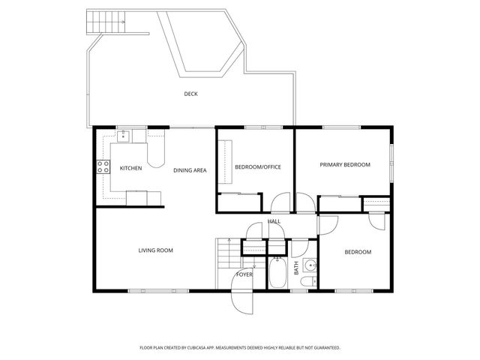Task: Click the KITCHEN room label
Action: [x=130, y=168]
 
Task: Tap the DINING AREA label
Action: [x=190, y=170]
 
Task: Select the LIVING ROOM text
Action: [x=155, y=250]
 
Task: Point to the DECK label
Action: [x=191, y=94]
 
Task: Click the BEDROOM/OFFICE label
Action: [x=257, y=166]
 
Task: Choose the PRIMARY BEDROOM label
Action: [x=345, y=164]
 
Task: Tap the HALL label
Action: [x=274, y=221]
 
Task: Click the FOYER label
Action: [x=244, y=274]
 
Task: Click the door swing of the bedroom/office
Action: [x=280, y=203]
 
